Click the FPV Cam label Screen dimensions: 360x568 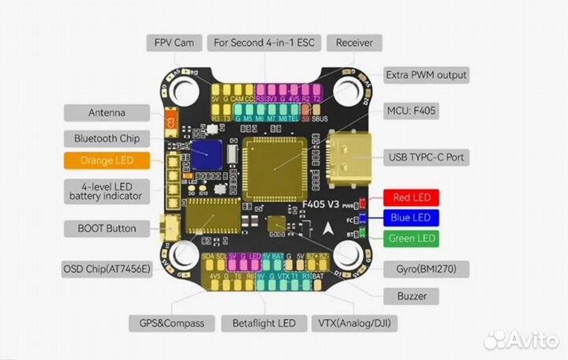[x=174, y=42]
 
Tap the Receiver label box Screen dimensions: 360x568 [x=353, y=42]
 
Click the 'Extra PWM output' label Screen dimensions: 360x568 [x=426, y=75]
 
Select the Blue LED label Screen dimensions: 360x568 [x=411, y=217]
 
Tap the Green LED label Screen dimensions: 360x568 [x=411, y=238]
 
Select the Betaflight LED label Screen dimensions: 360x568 [x=263, y=323]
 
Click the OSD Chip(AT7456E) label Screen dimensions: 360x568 [x=106, y=269]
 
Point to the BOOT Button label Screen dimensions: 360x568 [x=106, y=229]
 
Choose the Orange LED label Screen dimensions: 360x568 [x=106, y=160]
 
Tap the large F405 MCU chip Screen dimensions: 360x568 [x=274, y=163]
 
